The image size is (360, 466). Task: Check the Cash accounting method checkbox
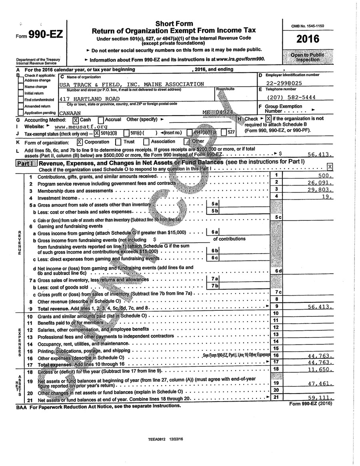pyautogui.click(x=76, y=120)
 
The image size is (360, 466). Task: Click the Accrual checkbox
pyautogui.click(x=101, y=120)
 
